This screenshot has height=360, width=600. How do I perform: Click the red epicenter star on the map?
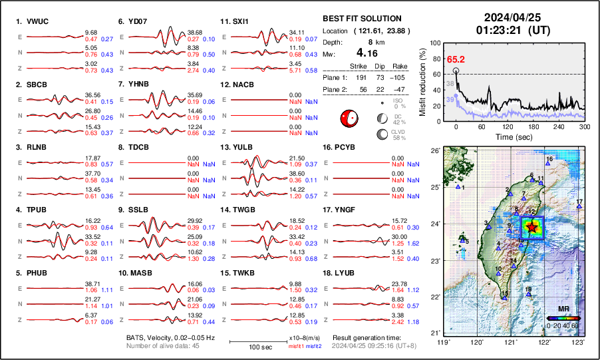pyautogui.click(x=531, y=227)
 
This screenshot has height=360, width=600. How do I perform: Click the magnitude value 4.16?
pyautogui.click(x=370, y=53)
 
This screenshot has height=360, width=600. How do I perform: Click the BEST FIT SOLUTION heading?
pyautogui.click(x=361, y=19)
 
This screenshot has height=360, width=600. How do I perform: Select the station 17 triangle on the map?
pyautogui.click(x=579, y=207)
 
